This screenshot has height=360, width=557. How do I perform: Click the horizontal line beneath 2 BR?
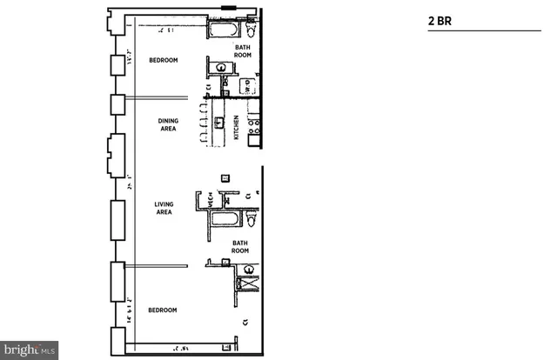[484, 31]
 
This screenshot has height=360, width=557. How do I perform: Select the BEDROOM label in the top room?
[163, 60]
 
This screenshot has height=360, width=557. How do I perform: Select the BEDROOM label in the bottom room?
[163, 310]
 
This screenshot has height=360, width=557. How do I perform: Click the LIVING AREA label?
[164, 207]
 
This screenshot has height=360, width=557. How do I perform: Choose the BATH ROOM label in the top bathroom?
[243, 50]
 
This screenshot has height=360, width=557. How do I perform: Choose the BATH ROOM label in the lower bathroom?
[243, 247]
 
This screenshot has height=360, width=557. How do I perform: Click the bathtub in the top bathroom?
[224, 32]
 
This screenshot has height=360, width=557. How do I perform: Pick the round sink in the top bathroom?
[223, 67]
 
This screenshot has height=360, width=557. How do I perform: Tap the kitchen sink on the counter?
[220, 122]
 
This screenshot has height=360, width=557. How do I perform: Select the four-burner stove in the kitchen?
[254, 130]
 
